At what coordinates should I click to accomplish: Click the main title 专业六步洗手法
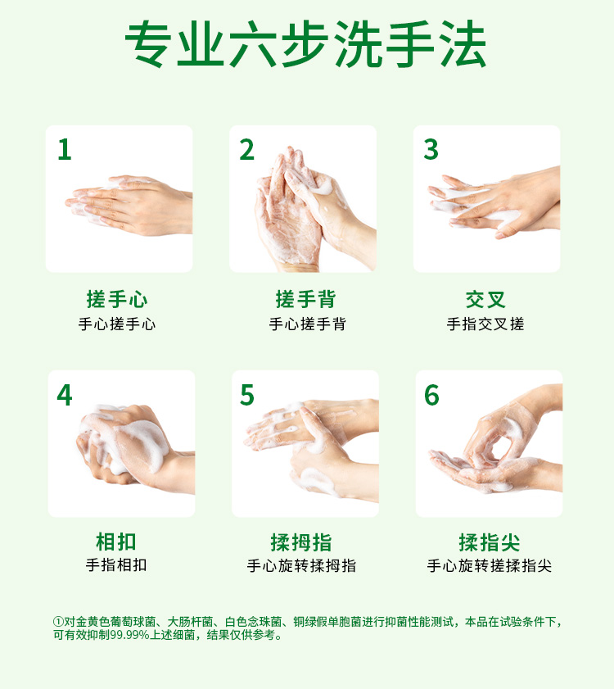[x=305, y=44]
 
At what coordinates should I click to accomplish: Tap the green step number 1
[x=65, y=150]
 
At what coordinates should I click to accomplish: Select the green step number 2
[x=247, y=150]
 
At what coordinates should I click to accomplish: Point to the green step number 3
[x=431, y=149]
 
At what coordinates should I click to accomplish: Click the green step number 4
[x=65, y=395]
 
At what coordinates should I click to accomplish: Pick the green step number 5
[x=247, y=395]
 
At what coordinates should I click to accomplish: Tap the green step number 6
[x=431, y=395]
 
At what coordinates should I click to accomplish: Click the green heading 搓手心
[x=117, y=299]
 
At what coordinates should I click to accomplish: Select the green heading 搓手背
[x=305, y=299]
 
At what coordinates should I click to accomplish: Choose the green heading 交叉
[x=485, y=300]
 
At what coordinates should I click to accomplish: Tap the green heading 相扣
[x=116, y=542]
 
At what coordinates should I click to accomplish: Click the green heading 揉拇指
[x=301, y=542]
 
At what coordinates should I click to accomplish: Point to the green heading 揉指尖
[x=490, y=542]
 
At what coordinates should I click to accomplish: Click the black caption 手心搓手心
[x=117, y=324]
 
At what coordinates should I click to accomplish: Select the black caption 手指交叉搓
[x=485, y=324]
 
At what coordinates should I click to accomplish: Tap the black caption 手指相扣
[x=116, y=565]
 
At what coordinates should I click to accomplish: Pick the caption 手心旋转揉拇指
[x=301, y=565]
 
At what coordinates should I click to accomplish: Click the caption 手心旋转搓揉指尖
[x=490, y=565]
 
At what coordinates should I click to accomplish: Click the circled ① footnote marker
[x=58, y=622]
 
